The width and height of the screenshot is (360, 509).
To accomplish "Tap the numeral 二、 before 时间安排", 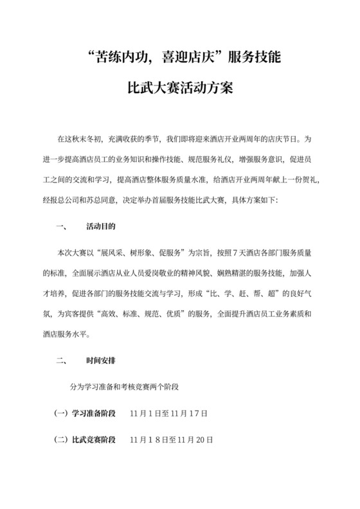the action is click(x=62, y=361).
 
